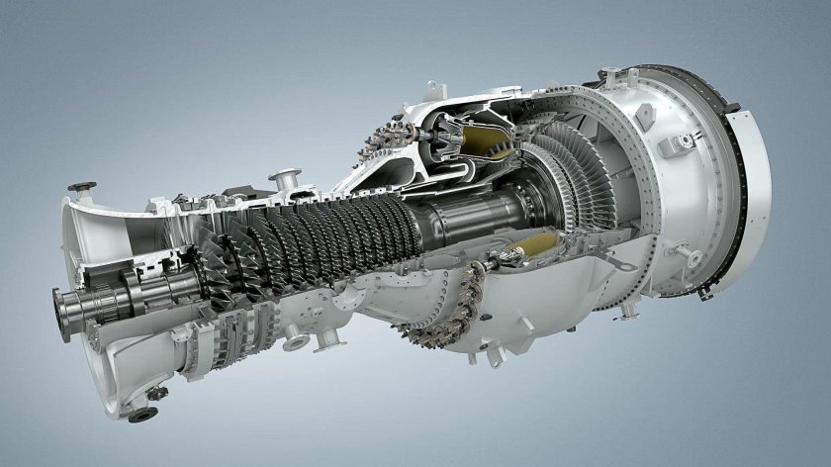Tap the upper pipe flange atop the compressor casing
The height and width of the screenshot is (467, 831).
point(288,180)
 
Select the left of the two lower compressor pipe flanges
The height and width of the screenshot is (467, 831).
point(295,343)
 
